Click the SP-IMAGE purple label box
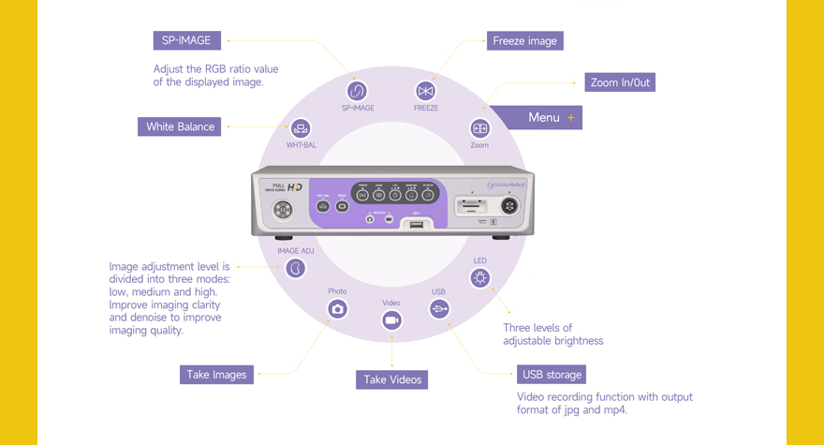point(187,40)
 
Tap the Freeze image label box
point(524,41)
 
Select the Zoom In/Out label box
point(620,82)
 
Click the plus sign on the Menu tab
point(571,118)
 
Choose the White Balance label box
point(180,126)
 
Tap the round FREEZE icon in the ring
point(426,91)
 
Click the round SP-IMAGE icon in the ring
point(357,91)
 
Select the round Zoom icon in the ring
point(479,128)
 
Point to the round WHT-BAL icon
point(301,128)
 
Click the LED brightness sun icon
point(480,277)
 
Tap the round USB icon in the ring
point(439,308)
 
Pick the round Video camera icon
point(391,320)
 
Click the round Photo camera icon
point(337,308)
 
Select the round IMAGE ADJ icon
point(296,268)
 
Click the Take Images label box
point(216,375)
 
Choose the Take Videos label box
point(391,379)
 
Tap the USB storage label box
point(552,375)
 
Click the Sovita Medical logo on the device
point(507,185)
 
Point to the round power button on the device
point(282,210)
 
